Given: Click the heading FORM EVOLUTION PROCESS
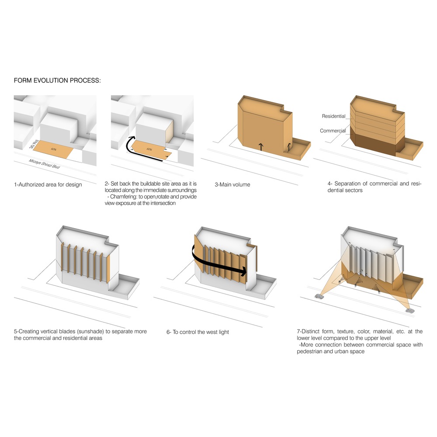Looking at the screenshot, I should coord(57,81).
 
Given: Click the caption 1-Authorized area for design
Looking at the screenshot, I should coord(48,184).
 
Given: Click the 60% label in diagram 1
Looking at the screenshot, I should coord(53,149).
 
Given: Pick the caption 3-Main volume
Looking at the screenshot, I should coord(232,184).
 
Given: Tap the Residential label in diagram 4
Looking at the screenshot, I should coord(333,116).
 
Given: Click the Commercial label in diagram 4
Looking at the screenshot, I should coord(333,131).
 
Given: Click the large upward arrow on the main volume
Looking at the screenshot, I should coord(261,147).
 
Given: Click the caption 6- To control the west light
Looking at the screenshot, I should coord(198,332).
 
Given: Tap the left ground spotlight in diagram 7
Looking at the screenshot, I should coord(320,297).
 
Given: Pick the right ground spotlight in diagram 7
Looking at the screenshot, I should coord(410,311).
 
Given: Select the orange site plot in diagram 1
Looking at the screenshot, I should coord(55,151).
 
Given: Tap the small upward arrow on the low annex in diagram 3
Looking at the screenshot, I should coord(289,147).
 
